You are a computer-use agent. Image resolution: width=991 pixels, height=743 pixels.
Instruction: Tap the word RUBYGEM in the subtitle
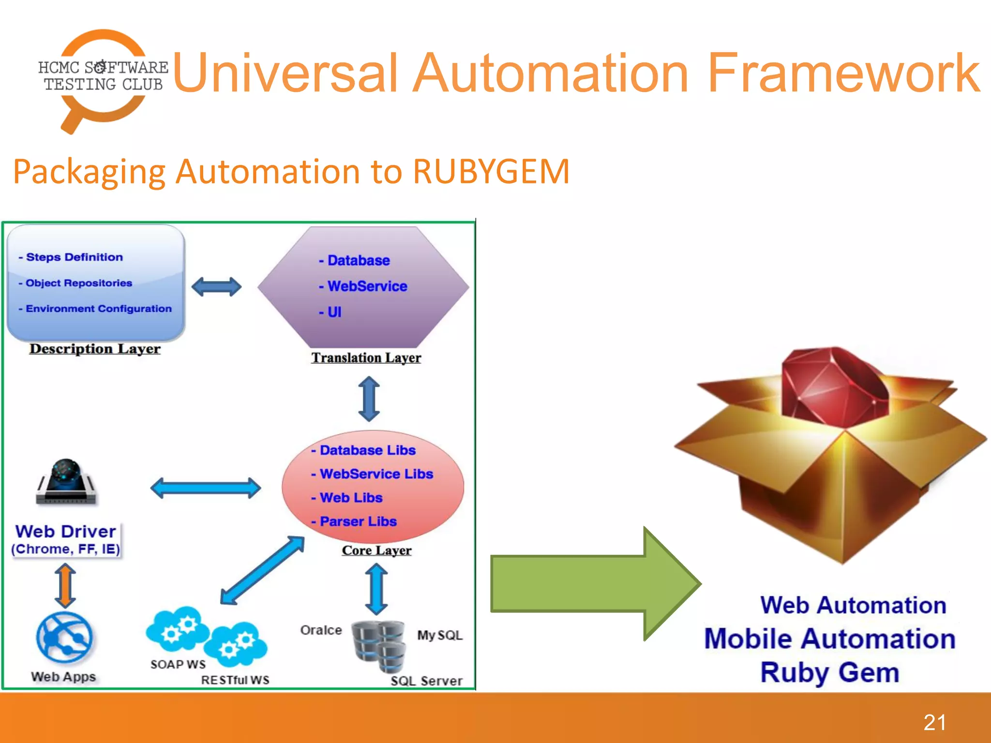(491, 171)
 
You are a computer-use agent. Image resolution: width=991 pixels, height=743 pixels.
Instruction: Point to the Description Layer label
(95, 349)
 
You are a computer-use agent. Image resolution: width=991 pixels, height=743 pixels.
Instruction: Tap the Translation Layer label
(366, 358)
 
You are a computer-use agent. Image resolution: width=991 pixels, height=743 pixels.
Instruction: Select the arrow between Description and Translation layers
(216, 287)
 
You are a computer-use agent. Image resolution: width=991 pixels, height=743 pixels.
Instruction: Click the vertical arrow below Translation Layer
(369, 400)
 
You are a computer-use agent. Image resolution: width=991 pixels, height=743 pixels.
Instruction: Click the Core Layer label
(376, 550)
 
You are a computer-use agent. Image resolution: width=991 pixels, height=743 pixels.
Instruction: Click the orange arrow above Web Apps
(65, 585)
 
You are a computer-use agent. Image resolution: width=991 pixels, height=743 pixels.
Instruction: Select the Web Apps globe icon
(64, 638)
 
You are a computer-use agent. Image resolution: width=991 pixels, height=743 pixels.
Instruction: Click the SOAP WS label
(178, 665)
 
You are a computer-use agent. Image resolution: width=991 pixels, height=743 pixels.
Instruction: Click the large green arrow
(595, 583)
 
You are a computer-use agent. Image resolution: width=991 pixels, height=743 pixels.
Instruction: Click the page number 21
(934, 723)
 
